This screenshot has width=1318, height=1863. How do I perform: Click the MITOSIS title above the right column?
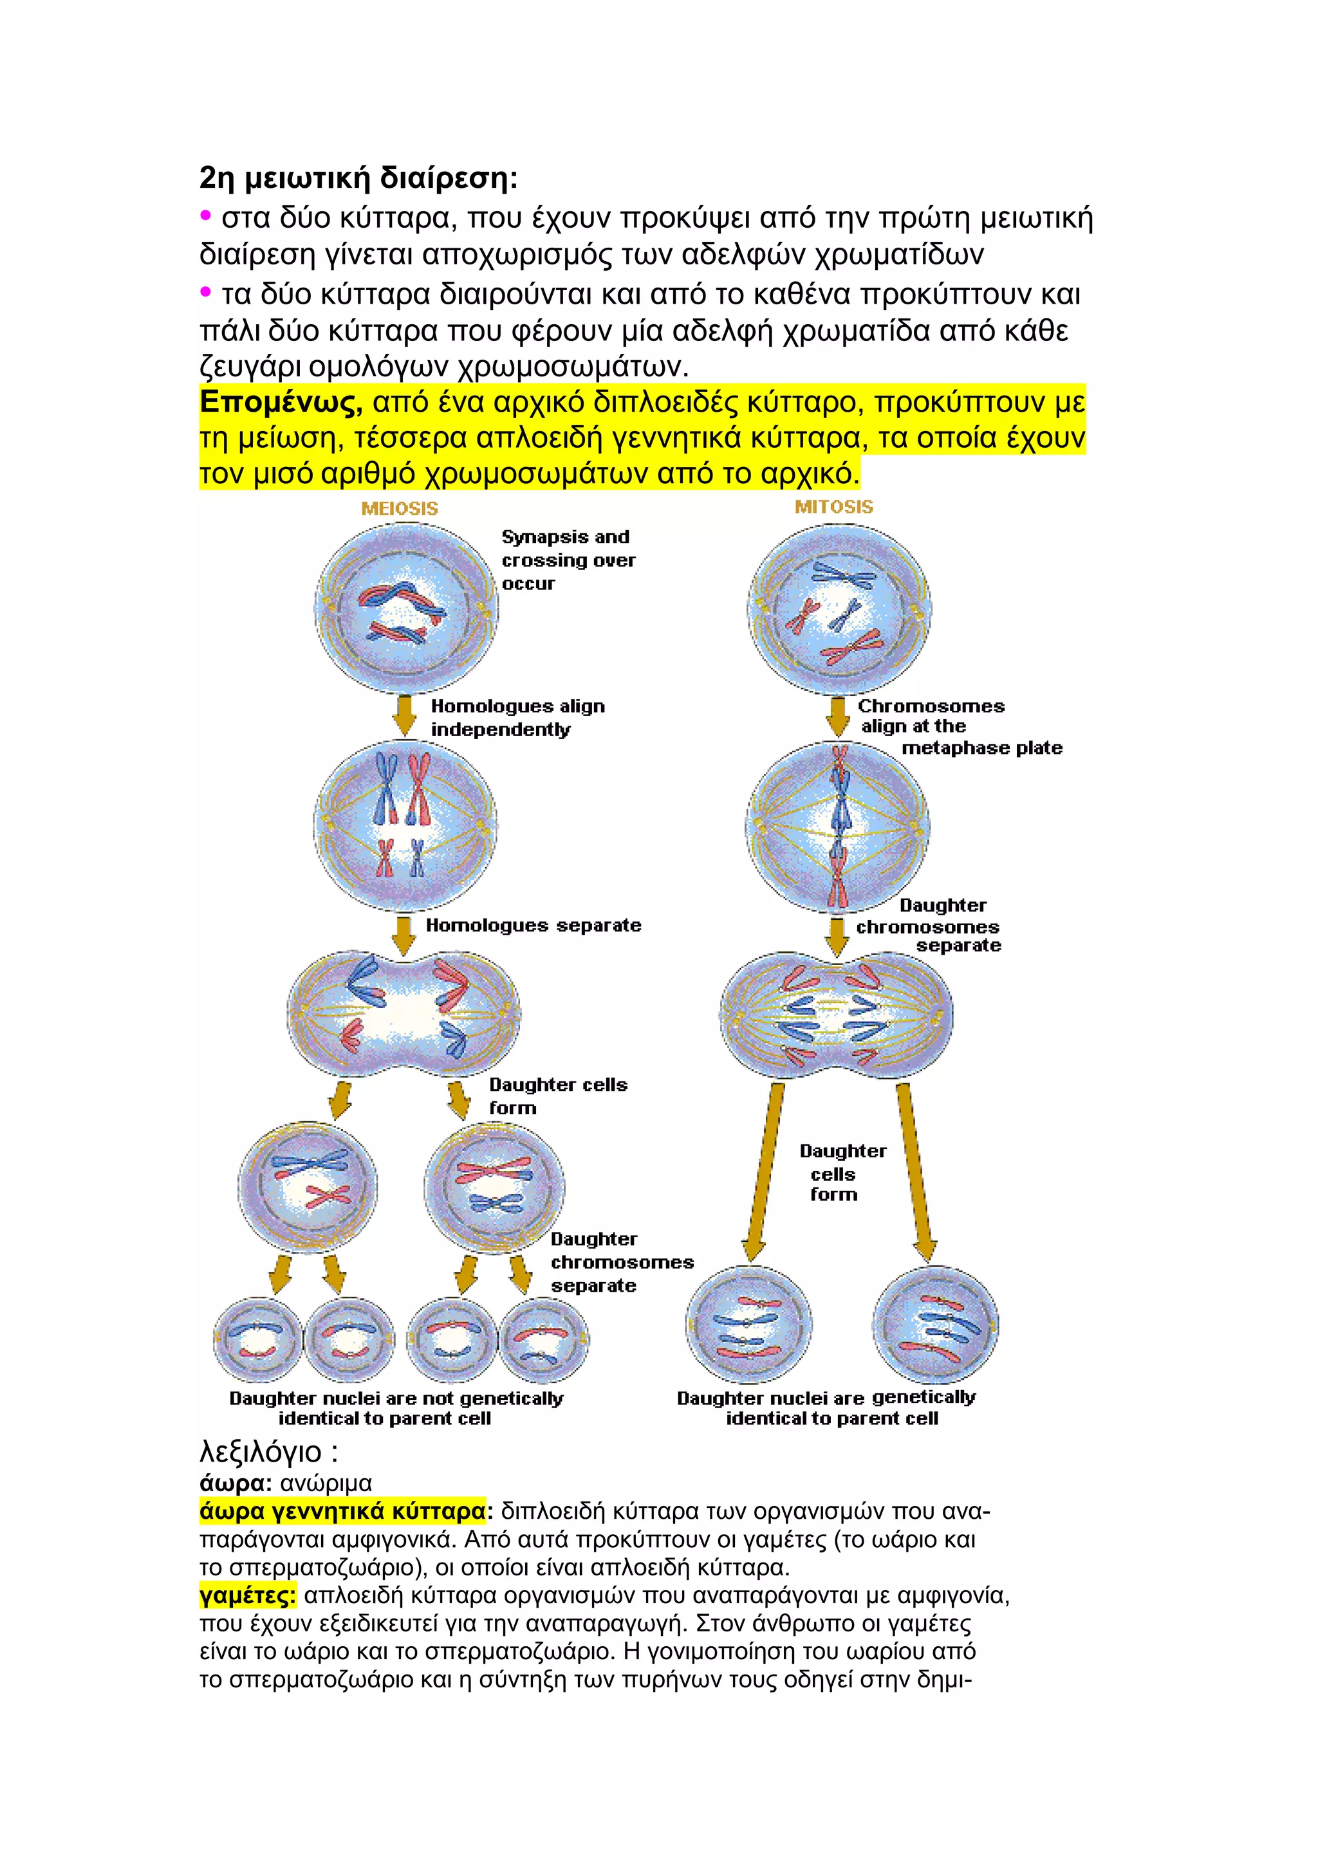(x=833, y=507)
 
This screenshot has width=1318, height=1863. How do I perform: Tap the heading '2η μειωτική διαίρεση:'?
(x=358, y=178)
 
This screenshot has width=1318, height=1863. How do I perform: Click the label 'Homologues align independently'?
(x=517, y=717)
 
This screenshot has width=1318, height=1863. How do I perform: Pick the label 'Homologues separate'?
(x=534, y=925)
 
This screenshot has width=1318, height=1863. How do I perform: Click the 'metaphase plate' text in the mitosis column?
(x=982, y=748)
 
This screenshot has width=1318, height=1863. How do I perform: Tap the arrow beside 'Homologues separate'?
(x=404, y=935)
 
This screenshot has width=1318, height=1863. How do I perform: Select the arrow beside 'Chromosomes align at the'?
(x=837, y=715)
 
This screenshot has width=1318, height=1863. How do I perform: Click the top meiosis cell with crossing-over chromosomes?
(x=406, y=609)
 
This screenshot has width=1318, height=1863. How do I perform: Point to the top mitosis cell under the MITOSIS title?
(x=839, y=609)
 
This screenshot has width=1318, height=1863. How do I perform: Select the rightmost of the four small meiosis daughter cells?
(x=544, y=1339)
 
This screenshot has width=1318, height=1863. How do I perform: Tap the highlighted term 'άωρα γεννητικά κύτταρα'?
(x=342, y=1512)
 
